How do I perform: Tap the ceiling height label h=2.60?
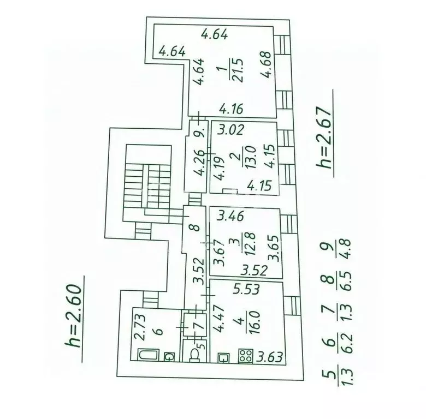[x=73, y=316]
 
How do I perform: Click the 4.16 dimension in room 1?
[x=231, y=109]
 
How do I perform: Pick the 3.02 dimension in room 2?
[x=231, y=130]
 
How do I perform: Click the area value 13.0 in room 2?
[x=250, y=157]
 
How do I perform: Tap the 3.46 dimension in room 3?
[x=230, y=217]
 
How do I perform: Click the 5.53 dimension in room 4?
[x=246, y=289]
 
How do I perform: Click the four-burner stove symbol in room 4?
[x=246, y=356]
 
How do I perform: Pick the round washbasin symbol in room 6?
[x=169, y=356]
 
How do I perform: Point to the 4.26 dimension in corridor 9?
[x=200, y=163]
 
